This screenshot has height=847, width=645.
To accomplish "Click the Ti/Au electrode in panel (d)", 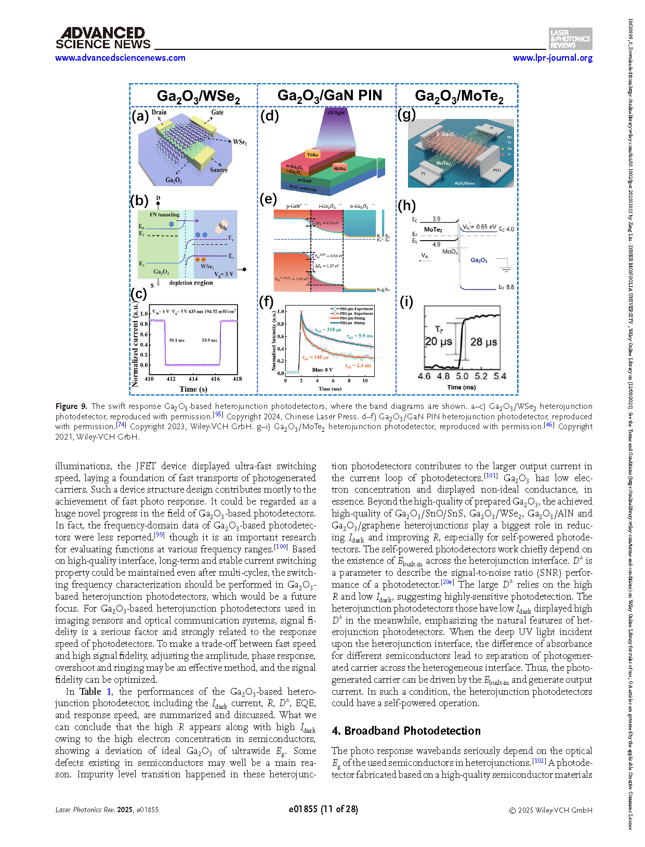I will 312,154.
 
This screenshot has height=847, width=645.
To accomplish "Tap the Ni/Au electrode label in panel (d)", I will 340,168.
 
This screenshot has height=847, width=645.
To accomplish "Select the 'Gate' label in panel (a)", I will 217,112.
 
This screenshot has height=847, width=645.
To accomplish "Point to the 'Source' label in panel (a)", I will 219,170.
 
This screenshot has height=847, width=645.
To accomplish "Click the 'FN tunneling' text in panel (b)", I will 164,214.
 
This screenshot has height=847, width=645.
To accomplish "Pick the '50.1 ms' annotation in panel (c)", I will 177,340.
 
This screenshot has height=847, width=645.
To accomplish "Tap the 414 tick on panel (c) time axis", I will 193,379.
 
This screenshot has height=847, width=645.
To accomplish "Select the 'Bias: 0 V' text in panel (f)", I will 322,369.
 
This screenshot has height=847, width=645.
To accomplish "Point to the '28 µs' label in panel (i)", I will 483,342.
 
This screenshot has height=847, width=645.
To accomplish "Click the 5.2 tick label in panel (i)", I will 481,376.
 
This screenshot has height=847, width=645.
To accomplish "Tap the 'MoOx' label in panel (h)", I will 450,252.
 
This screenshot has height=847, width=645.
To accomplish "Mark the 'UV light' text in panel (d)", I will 336,112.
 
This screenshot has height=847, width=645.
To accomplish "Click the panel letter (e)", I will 268,199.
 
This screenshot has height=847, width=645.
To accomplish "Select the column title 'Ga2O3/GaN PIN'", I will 330,96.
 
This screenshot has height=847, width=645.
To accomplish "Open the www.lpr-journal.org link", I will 552,58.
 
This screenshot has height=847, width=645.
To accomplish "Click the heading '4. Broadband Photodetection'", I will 406,731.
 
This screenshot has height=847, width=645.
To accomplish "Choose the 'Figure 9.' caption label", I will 71,406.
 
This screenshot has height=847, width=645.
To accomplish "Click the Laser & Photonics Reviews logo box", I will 570,39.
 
